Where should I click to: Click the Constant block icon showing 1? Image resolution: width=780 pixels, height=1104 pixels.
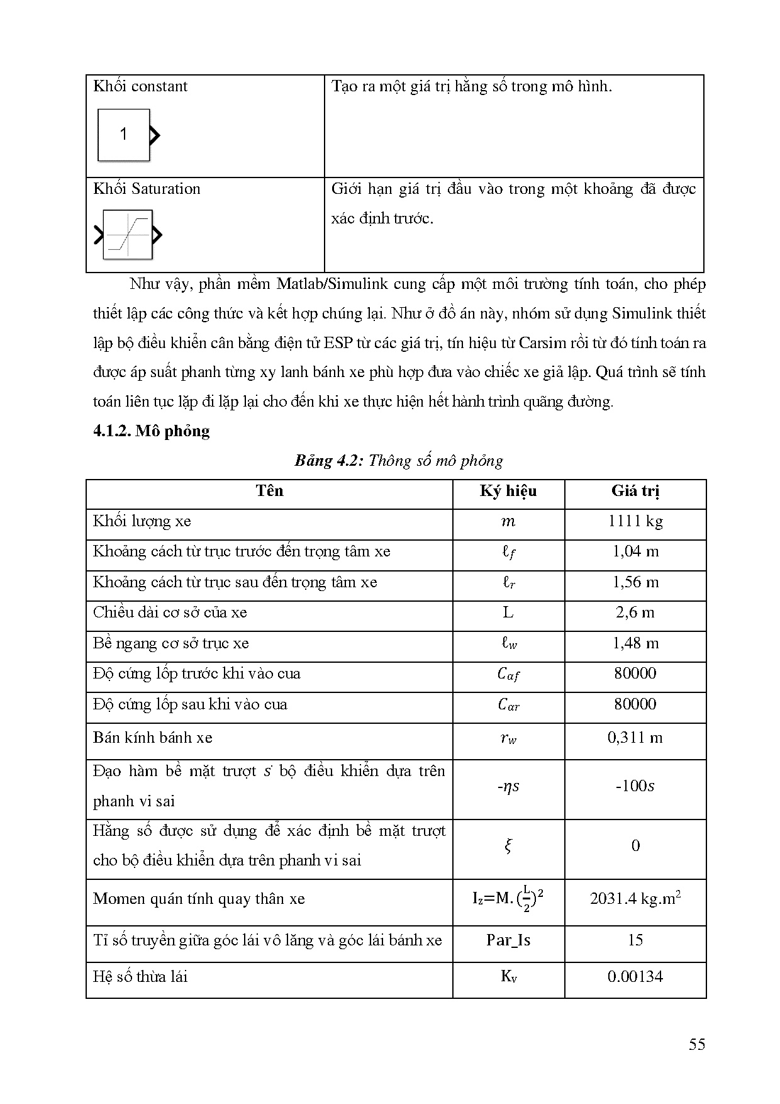tap(125, 135)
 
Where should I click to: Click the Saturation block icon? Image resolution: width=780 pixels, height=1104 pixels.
tap(128, 235)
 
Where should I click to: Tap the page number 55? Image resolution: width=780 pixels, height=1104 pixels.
tap(697, 1045)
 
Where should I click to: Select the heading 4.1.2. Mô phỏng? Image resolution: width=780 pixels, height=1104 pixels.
tap(151, 431)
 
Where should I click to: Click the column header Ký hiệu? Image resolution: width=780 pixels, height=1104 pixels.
tap(508, 491)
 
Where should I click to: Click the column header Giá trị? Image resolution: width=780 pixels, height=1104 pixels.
tap(635, 491)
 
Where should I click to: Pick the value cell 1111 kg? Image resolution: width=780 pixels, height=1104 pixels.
tap(635, 521)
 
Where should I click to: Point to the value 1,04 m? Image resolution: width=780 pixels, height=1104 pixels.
tap(635, 551)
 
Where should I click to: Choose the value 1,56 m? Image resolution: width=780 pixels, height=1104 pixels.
tap(635, 582)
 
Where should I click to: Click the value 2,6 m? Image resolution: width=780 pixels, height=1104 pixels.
tap(635, 612)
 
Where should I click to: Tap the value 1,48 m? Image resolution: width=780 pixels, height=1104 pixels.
tap(635, 643)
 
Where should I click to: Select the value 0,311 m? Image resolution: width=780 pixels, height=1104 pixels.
tap(635, 738)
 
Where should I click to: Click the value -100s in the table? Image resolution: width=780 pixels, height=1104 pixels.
tap(635, 786)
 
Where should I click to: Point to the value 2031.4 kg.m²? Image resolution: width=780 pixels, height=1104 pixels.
tap(635, 898)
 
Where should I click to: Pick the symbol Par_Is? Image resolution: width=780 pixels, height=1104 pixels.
tap(508, 940)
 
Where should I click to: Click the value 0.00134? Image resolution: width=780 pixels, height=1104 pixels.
tap(635, 977)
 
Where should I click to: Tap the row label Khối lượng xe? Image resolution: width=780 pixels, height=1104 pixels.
tap(142, 521)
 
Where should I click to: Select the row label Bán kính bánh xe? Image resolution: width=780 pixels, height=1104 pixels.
tap(153, 738)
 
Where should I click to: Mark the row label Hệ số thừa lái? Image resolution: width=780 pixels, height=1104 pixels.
tap(140, 977)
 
